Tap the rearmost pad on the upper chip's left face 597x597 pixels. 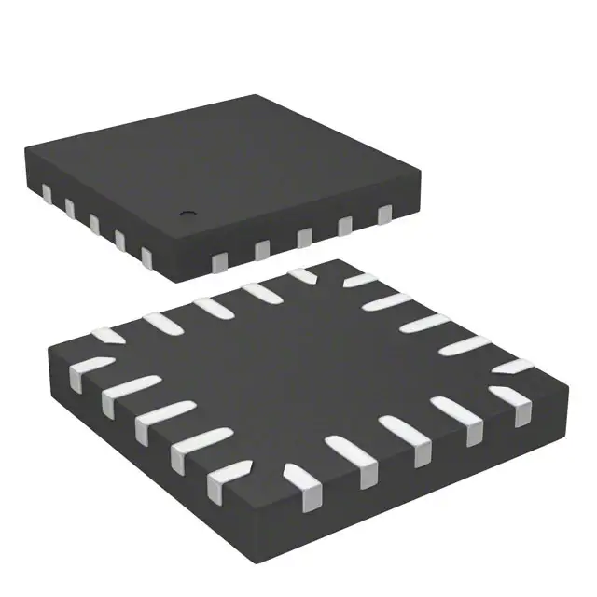tap(46, 192)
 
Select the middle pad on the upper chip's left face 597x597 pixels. tap(94, 222)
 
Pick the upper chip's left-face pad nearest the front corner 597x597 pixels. tap(146, 254)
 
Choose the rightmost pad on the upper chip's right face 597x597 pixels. tap(383, 215)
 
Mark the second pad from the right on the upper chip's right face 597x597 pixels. tap(345, 227)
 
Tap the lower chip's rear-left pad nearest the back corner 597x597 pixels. tap(301, 275)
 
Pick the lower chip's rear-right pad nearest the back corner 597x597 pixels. tap(362, 280)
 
